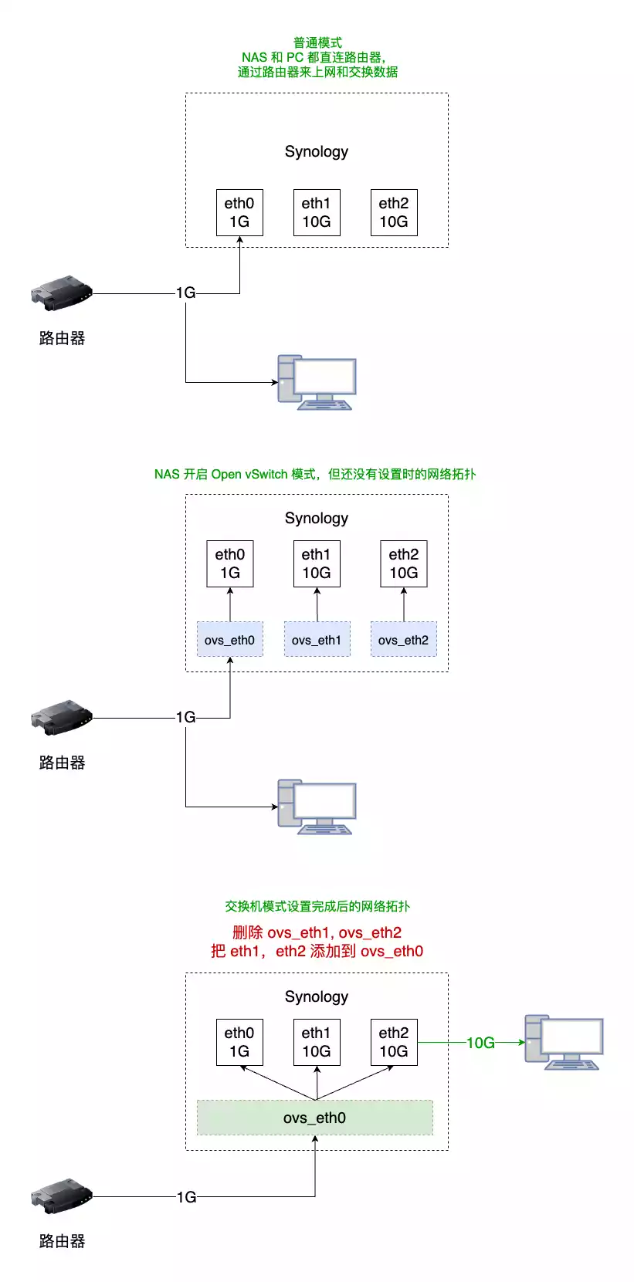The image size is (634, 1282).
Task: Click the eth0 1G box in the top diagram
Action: tap(239, 212)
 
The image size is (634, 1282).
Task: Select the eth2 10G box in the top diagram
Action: tap(394, 212)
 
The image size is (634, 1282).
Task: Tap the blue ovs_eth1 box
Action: tap(317, 639)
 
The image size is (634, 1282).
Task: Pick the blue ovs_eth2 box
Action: tap(403, 639)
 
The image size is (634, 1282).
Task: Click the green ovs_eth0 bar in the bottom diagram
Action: tap(315, 1118)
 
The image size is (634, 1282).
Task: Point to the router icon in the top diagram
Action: tap(62, 293)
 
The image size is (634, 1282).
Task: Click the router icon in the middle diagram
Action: tap(62, 717)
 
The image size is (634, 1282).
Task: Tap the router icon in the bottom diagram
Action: tap(62, 1196)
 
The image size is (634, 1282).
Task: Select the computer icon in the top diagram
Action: tap(317, 382)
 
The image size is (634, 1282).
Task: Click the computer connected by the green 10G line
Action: tap(564, 1042)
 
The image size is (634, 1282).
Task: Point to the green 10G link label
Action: tap(480, 1043)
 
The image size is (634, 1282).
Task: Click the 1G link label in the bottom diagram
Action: tap(186, 1197)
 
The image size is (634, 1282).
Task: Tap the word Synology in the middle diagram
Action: tap(317, 518)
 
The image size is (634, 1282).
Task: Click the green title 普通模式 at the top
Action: tap(317, 42)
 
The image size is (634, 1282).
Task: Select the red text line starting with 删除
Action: tap(317, 932)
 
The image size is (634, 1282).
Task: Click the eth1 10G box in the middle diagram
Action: tap(317, 563)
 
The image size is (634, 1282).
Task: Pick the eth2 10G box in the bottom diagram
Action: tap(394, 1042)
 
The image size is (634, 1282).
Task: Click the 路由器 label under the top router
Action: tap(62, 338)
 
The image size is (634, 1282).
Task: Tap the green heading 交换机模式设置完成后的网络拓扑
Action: tap(317, 906)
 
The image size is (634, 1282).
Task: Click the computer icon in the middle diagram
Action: tap(317, 807)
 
